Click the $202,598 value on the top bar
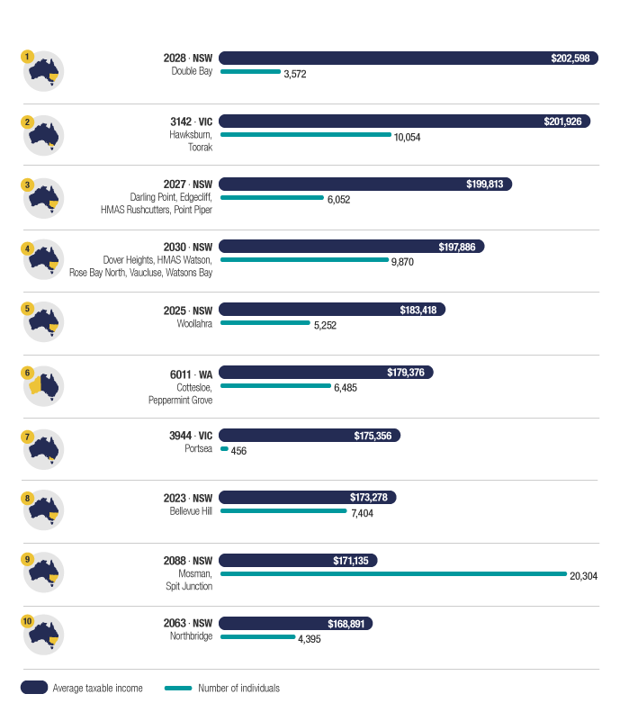[x=570, y=59]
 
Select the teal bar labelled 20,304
[x=393, y=573]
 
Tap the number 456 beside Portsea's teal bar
[x=238, y=451]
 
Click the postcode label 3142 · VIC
[x=187, y=121]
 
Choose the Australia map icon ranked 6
[x=43, y=386]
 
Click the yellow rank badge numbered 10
[x=28, y=621]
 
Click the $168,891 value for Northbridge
[x=346, y=623]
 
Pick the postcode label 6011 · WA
[x=188, y=373]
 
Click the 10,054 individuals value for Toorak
[x=407, y=138]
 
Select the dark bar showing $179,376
[x=327, y=372]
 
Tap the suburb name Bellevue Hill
[x=191, y=511]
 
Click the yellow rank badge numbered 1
[x=28, y=56]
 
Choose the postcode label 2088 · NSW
[x=187, y=560]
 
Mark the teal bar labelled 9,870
[x=304, y=259]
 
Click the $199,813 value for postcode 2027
[x=486, y=184]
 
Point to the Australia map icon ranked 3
[x=43, y=198]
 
